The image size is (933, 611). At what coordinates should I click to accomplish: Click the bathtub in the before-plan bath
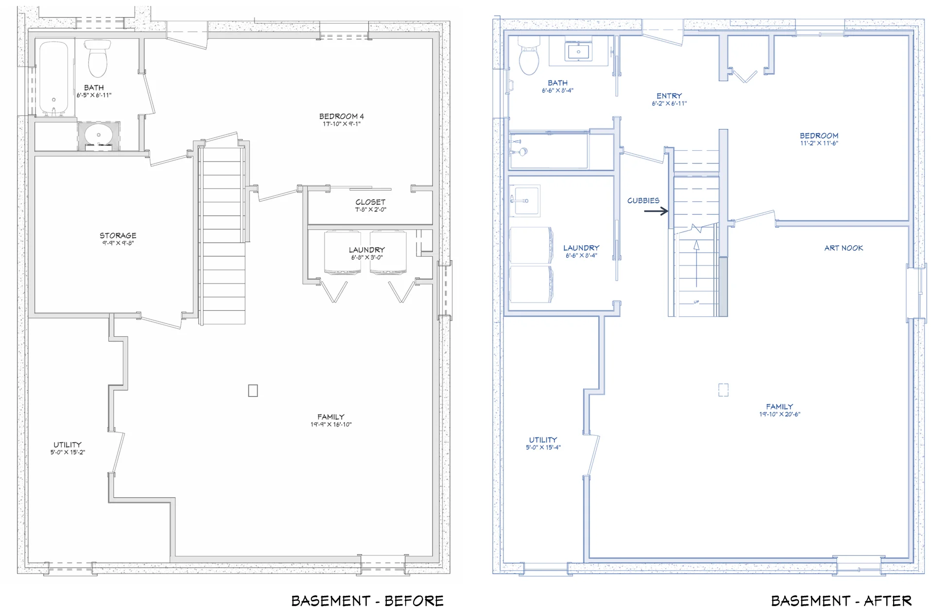tap(53, 78)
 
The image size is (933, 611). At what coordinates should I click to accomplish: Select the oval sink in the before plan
tap(99, 135)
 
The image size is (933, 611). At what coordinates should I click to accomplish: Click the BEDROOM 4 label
tap(341, 116)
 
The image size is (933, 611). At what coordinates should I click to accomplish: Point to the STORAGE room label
tap(118, 235)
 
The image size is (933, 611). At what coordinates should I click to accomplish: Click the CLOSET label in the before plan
tap(370, 202)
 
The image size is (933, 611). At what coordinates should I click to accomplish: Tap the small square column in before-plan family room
tap(253, 391)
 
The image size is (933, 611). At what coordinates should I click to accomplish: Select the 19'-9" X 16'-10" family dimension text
tap(330, 425)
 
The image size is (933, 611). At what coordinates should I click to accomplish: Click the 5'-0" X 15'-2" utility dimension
tap(68, 452)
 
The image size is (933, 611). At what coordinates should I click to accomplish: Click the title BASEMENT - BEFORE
tap(367, 601)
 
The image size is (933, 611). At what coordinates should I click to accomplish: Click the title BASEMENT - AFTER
tap(841, 601)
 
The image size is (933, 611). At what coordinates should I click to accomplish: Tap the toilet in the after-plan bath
tap(529, 57)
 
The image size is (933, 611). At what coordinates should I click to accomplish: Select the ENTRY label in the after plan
tap(669, 96)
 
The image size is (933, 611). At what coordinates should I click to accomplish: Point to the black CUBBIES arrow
tap(656, 211)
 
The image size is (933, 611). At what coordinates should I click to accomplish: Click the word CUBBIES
tap(643, 200)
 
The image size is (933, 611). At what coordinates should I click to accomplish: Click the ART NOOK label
tap(844, 248)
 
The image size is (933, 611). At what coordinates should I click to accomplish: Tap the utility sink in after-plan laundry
tap(524, 200)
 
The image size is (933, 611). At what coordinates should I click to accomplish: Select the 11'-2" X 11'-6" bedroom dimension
tap(819, 144)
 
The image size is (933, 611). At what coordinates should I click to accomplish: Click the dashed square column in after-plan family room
tap(723, 390)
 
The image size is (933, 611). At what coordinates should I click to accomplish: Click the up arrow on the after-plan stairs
tap(696, 263)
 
